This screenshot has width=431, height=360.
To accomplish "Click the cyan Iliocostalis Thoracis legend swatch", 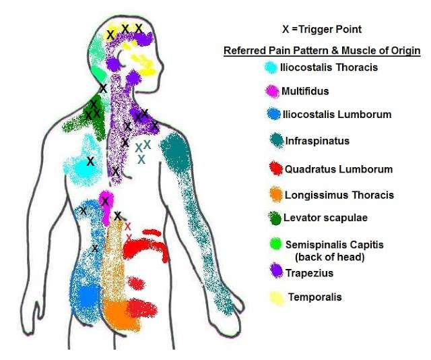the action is pos(271,67).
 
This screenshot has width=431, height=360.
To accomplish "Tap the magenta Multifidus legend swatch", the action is pos(272,91).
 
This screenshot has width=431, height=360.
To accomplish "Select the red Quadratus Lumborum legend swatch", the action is pos(276,168).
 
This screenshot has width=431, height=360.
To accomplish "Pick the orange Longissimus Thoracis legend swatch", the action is pos(275,195).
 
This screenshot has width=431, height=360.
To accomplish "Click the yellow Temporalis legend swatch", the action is pos(277,299).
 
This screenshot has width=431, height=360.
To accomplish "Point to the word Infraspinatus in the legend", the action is pos(317,141).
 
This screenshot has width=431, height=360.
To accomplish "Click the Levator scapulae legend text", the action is pos(325,218).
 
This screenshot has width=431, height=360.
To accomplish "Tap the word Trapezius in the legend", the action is pos(310,273).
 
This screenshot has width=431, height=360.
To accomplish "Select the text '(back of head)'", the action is pos(330,257).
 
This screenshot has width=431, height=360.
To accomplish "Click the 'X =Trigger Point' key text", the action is pos(322,29).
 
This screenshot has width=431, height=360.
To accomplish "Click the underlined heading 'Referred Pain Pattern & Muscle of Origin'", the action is pos(322,51).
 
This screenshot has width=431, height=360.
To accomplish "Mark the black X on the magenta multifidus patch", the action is pos(105,201).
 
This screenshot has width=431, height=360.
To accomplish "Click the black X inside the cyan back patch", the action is pos(90,161).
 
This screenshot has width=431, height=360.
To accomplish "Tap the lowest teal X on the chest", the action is pos(141,159).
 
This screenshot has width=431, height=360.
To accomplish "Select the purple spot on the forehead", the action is pos(143,39).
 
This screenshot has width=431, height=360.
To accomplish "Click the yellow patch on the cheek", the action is pos(144,65).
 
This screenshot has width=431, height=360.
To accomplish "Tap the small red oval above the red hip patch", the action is pos(136,284).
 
